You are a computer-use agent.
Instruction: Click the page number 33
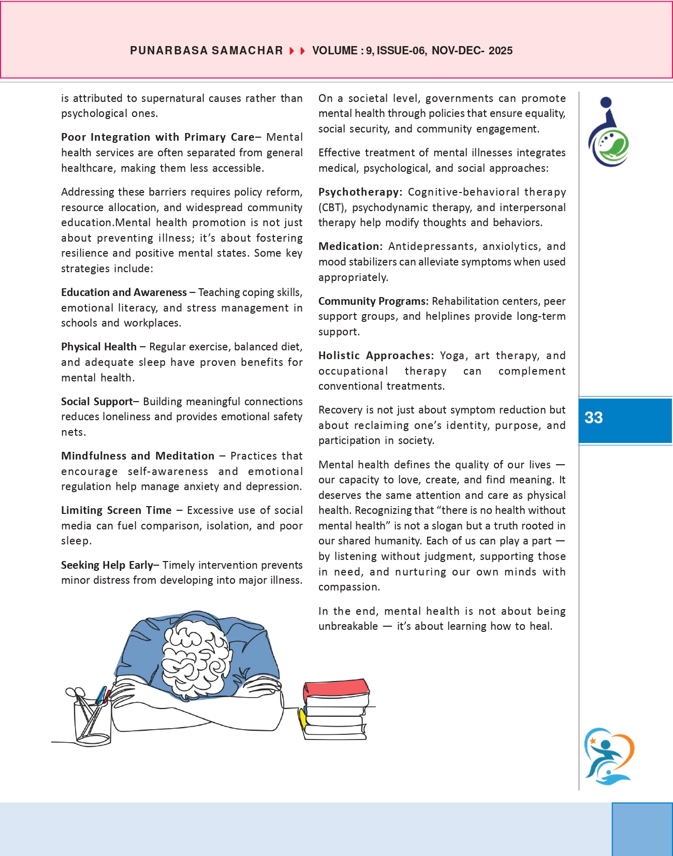594,418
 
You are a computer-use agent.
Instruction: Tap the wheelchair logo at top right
608,133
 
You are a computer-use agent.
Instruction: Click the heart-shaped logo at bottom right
609,756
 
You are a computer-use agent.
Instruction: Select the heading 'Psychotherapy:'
360,192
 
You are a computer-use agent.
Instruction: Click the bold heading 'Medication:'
350,246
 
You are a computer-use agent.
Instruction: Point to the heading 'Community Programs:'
373,301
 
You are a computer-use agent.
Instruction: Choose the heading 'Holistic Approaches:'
376,356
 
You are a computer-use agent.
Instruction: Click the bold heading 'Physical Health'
98,347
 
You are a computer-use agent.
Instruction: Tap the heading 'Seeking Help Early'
107,565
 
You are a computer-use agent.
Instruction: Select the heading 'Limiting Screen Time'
116,510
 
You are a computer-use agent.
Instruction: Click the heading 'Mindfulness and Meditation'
137,456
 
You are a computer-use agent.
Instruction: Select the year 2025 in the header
500,51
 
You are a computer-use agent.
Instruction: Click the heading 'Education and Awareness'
124,292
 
